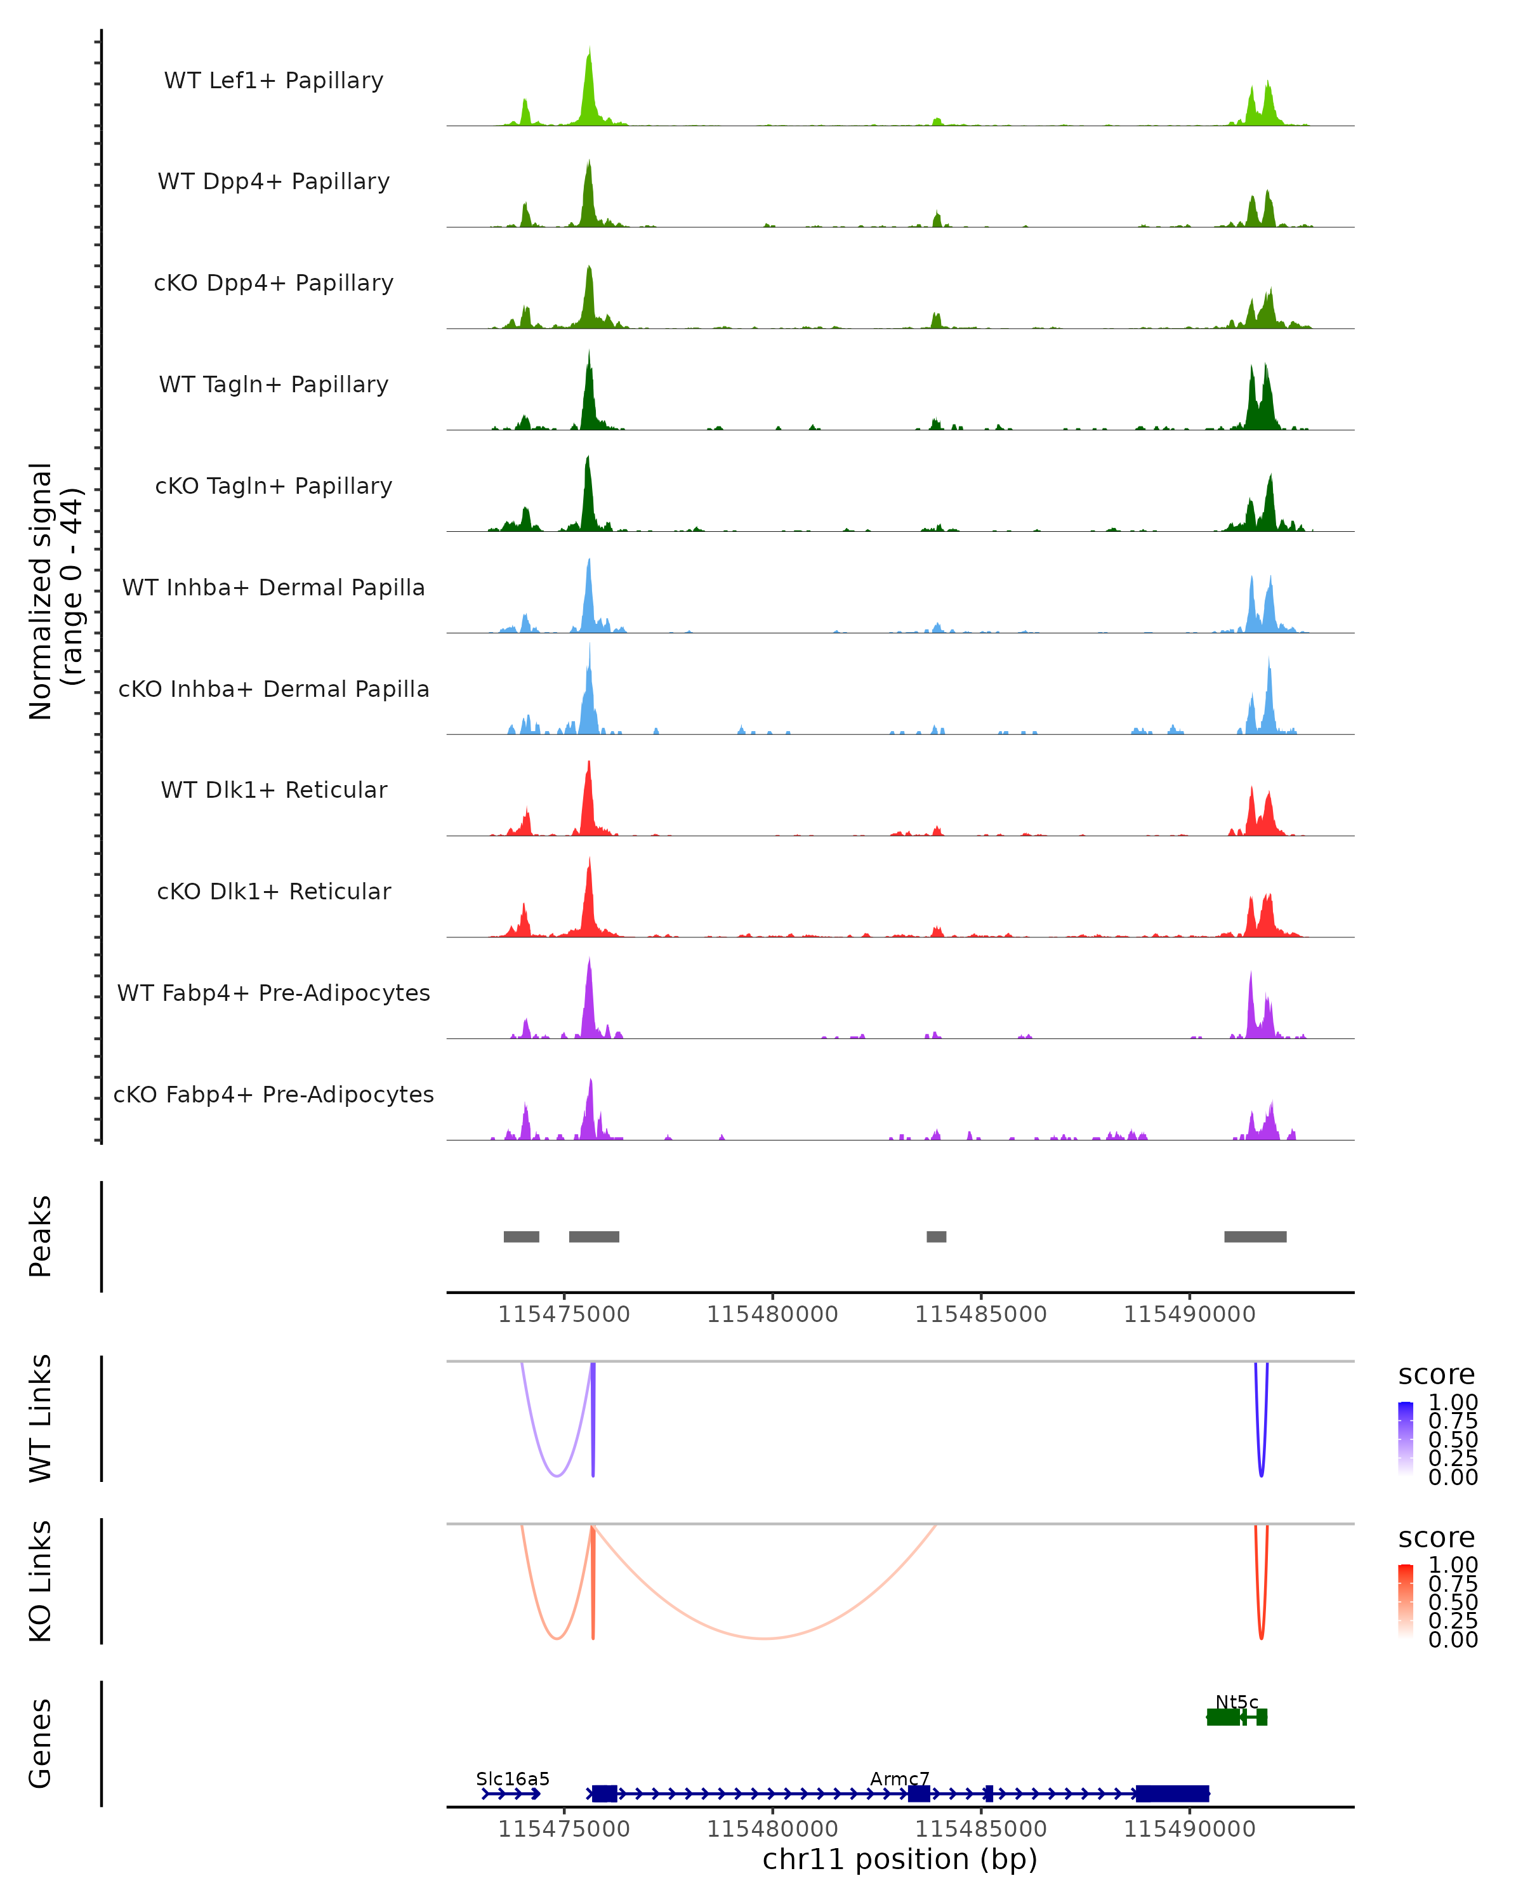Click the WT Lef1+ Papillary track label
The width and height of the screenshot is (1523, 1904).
pos(274,81)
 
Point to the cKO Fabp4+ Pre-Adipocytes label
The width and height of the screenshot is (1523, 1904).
pos(274,1094)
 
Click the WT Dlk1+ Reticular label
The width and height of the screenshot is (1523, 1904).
pos(274,790)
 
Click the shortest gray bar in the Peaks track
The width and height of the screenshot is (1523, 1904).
pos(936,1236)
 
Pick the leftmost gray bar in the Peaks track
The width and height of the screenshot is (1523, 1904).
pos(521,1236)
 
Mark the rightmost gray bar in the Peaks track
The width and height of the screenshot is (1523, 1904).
pos(1255,1236)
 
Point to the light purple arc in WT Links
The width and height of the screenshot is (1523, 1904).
pos(557,1476)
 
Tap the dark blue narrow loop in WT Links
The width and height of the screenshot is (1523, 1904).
pos(1261,1466)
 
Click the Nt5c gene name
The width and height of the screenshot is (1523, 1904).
pos(1236,1702)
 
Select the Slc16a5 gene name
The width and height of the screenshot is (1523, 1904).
pos(512,1778)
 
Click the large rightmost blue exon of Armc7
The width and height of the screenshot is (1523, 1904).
pos(1171,1794)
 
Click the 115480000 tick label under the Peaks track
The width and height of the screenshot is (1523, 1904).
pos(772,1314)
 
